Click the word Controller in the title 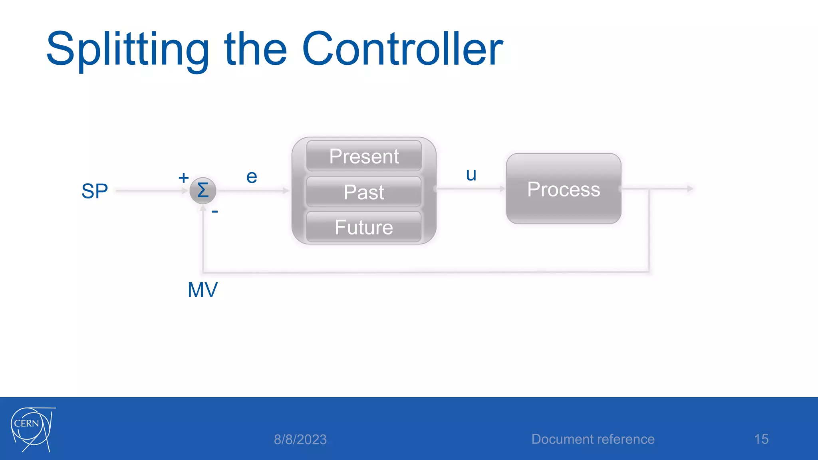(x=403, y=49)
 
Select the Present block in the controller (x=364, y=156)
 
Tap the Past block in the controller (x=364, y=192)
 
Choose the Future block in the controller (x=364, y=227)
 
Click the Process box (x=564, y=189)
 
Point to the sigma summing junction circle (x=203, y=190)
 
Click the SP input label (x=95, y=191)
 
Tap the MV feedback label (x=203, y=289)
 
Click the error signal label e (x=252, y=176)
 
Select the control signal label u (x=471, y=174)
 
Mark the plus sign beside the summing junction (x=183, y=178)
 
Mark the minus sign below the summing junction (x=215, y=211)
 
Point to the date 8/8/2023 (x=300, y=439)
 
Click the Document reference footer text (x=593, y=439)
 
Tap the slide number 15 (x=761, y=439)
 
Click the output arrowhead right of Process (x=690, y=188)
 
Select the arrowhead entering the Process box (x=502, y=188)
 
